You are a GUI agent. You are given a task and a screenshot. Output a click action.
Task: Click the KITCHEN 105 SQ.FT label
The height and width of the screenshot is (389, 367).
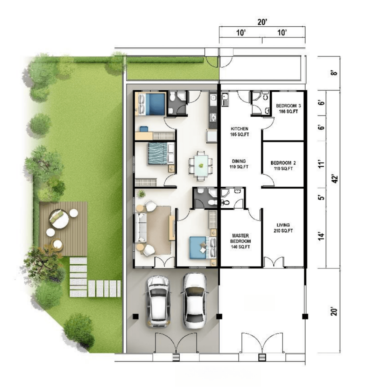[x=239, y=132]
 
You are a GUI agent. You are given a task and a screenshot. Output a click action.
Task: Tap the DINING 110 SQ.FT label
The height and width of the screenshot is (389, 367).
[x=239, y=164]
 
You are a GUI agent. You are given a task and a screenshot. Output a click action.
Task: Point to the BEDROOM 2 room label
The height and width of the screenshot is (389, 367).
[x=283, y=165]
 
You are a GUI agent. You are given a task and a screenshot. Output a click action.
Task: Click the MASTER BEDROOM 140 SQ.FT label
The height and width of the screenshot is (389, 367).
[x=240, y=241]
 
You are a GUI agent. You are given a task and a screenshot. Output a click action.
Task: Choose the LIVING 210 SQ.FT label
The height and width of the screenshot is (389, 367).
[x=283, y=228]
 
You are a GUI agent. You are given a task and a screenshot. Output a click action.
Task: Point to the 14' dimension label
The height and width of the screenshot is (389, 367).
[x=322, y=237]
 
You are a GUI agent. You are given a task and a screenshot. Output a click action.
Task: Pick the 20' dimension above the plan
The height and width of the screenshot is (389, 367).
[x=262, y=22]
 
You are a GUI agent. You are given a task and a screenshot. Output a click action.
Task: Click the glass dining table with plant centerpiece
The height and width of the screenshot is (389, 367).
[x=201, y=166]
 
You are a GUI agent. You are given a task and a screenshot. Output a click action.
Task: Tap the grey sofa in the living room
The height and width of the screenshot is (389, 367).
[x=140, y=228]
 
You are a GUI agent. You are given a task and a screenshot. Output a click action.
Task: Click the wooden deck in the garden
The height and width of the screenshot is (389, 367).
[x=63, y=229]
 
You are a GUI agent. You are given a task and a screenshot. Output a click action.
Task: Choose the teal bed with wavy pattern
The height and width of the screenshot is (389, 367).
[x=161, y=154]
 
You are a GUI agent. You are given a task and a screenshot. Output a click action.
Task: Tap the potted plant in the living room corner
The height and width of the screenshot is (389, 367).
[x=141, y=194]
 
